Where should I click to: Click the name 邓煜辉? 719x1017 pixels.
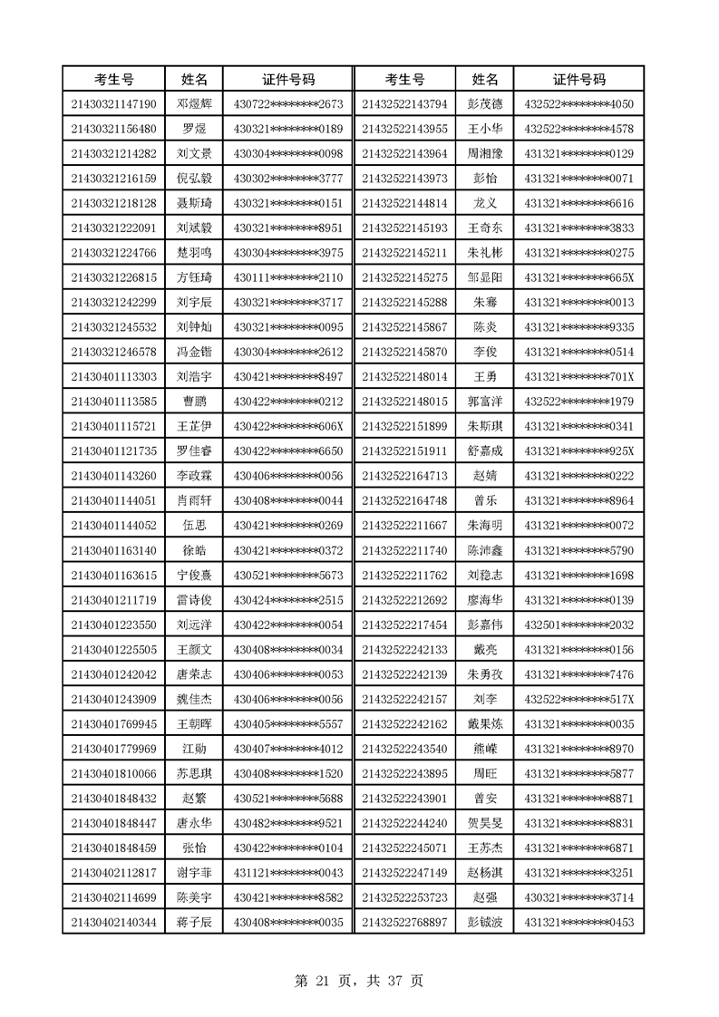pos(194,104)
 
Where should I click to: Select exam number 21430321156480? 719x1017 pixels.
pos(113,129)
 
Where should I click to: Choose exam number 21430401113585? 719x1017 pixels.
pos(113,401)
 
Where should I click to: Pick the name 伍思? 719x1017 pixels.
pos(194,524)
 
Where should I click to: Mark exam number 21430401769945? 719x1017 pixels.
pos(113,723)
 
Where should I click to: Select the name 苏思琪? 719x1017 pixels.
pos(194,772)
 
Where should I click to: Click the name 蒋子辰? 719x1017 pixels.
pos(194,922)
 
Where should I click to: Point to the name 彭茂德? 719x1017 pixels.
pos(484,104)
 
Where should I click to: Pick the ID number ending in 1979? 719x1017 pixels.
pos(579,401)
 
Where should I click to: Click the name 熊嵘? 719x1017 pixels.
pos(484,748)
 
